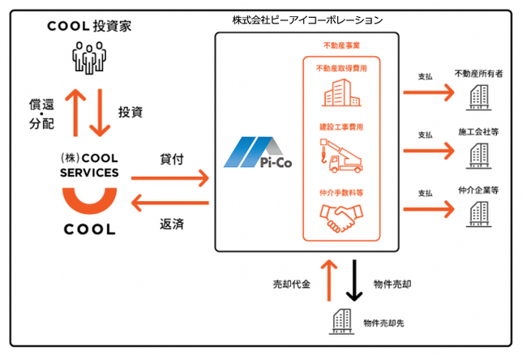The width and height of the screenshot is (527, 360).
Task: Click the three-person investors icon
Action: tap(89, 58)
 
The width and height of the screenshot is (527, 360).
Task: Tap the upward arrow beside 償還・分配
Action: tap(75, 113)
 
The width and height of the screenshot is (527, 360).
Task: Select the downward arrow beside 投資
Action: tap(100, 113)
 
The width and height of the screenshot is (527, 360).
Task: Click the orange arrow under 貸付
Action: tap(170, 178)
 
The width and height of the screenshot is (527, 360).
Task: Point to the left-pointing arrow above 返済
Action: tap(170, 203)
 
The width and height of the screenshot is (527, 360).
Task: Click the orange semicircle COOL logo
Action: tap(90, 200)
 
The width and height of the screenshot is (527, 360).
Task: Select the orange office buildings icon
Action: tap(341, 92)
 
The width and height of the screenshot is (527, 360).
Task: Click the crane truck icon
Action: tap(341, 156)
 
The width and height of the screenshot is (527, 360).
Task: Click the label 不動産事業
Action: tap(341, 45)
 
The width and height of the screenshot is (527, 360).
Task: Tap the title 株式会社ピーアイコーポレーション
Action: tap(307, 20)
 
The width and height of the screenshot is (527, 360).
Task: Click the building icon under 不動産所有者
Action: tap(478, 97)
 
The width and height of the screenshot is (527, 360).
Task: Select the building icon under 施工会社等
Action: tap(478, 156)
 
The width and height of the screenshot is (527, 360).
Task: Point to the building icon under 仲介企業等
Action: tap(478, 214)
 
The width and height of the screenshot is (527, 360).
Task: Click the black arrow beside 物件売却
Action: tap(354, 281)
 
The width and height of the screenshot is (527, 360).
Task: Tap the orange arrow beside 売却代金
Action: tap(329, 281)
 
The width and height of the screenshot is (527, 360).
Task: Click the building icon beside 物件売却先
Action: tap(341, 321)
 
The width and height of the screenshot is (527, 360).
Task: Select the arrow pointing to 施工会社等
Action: tap(429, 151)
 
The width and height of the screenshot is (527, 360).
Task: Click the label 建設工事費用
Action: tap(341, 127)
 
